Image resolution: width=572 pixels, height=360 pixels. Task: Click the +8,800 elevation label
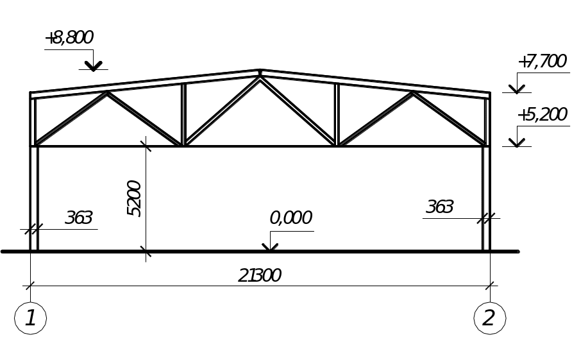(x=69, y=39)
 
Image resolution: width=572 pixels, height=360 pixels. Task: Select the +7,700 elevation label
(x=542, y=62)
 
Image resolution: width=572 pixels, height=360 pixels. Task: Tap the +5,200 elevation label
(x=543, y=116)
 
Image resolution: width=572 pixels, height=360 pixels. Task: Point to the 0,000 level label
(x=290, y=218)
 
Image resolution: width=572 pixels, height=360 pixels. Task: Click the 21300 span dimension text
(x=260, y=276)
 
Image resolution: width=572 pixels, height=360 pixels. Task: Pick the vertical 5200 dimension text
(x=135, y=198)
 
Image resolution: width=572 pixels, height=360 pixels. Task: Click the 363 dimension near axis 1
(x=79, y=218)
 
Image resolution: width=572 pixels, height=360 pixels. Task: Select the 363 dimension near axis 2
(x=440, y=207)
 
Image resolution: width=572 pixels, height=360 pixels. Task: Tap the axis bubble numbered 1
(x=30, y=318)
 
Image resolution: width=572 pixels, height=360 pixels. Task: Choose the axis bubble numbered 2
(x=489, y=318)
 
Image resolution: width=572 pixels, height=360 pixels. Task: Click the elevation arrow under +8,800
(x=94, y=65)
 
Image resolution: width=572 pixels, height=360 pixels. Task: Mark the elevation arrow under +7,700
(x=517, y=89)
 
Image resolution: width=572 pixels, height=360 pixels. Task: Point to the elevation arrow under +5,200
(x=517, y=142)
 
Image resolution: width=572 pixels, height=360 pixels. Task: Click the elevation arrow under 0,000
(x=270, y=247)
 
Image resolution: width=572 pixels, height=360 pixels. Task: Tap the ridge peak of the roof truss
(x=260, y=71)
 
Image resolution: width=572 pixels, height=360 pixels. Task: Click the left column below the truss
(x=35, y=199)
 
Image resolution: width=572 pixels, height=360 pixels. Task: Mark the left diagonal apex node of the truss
(x=107, y=93)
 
